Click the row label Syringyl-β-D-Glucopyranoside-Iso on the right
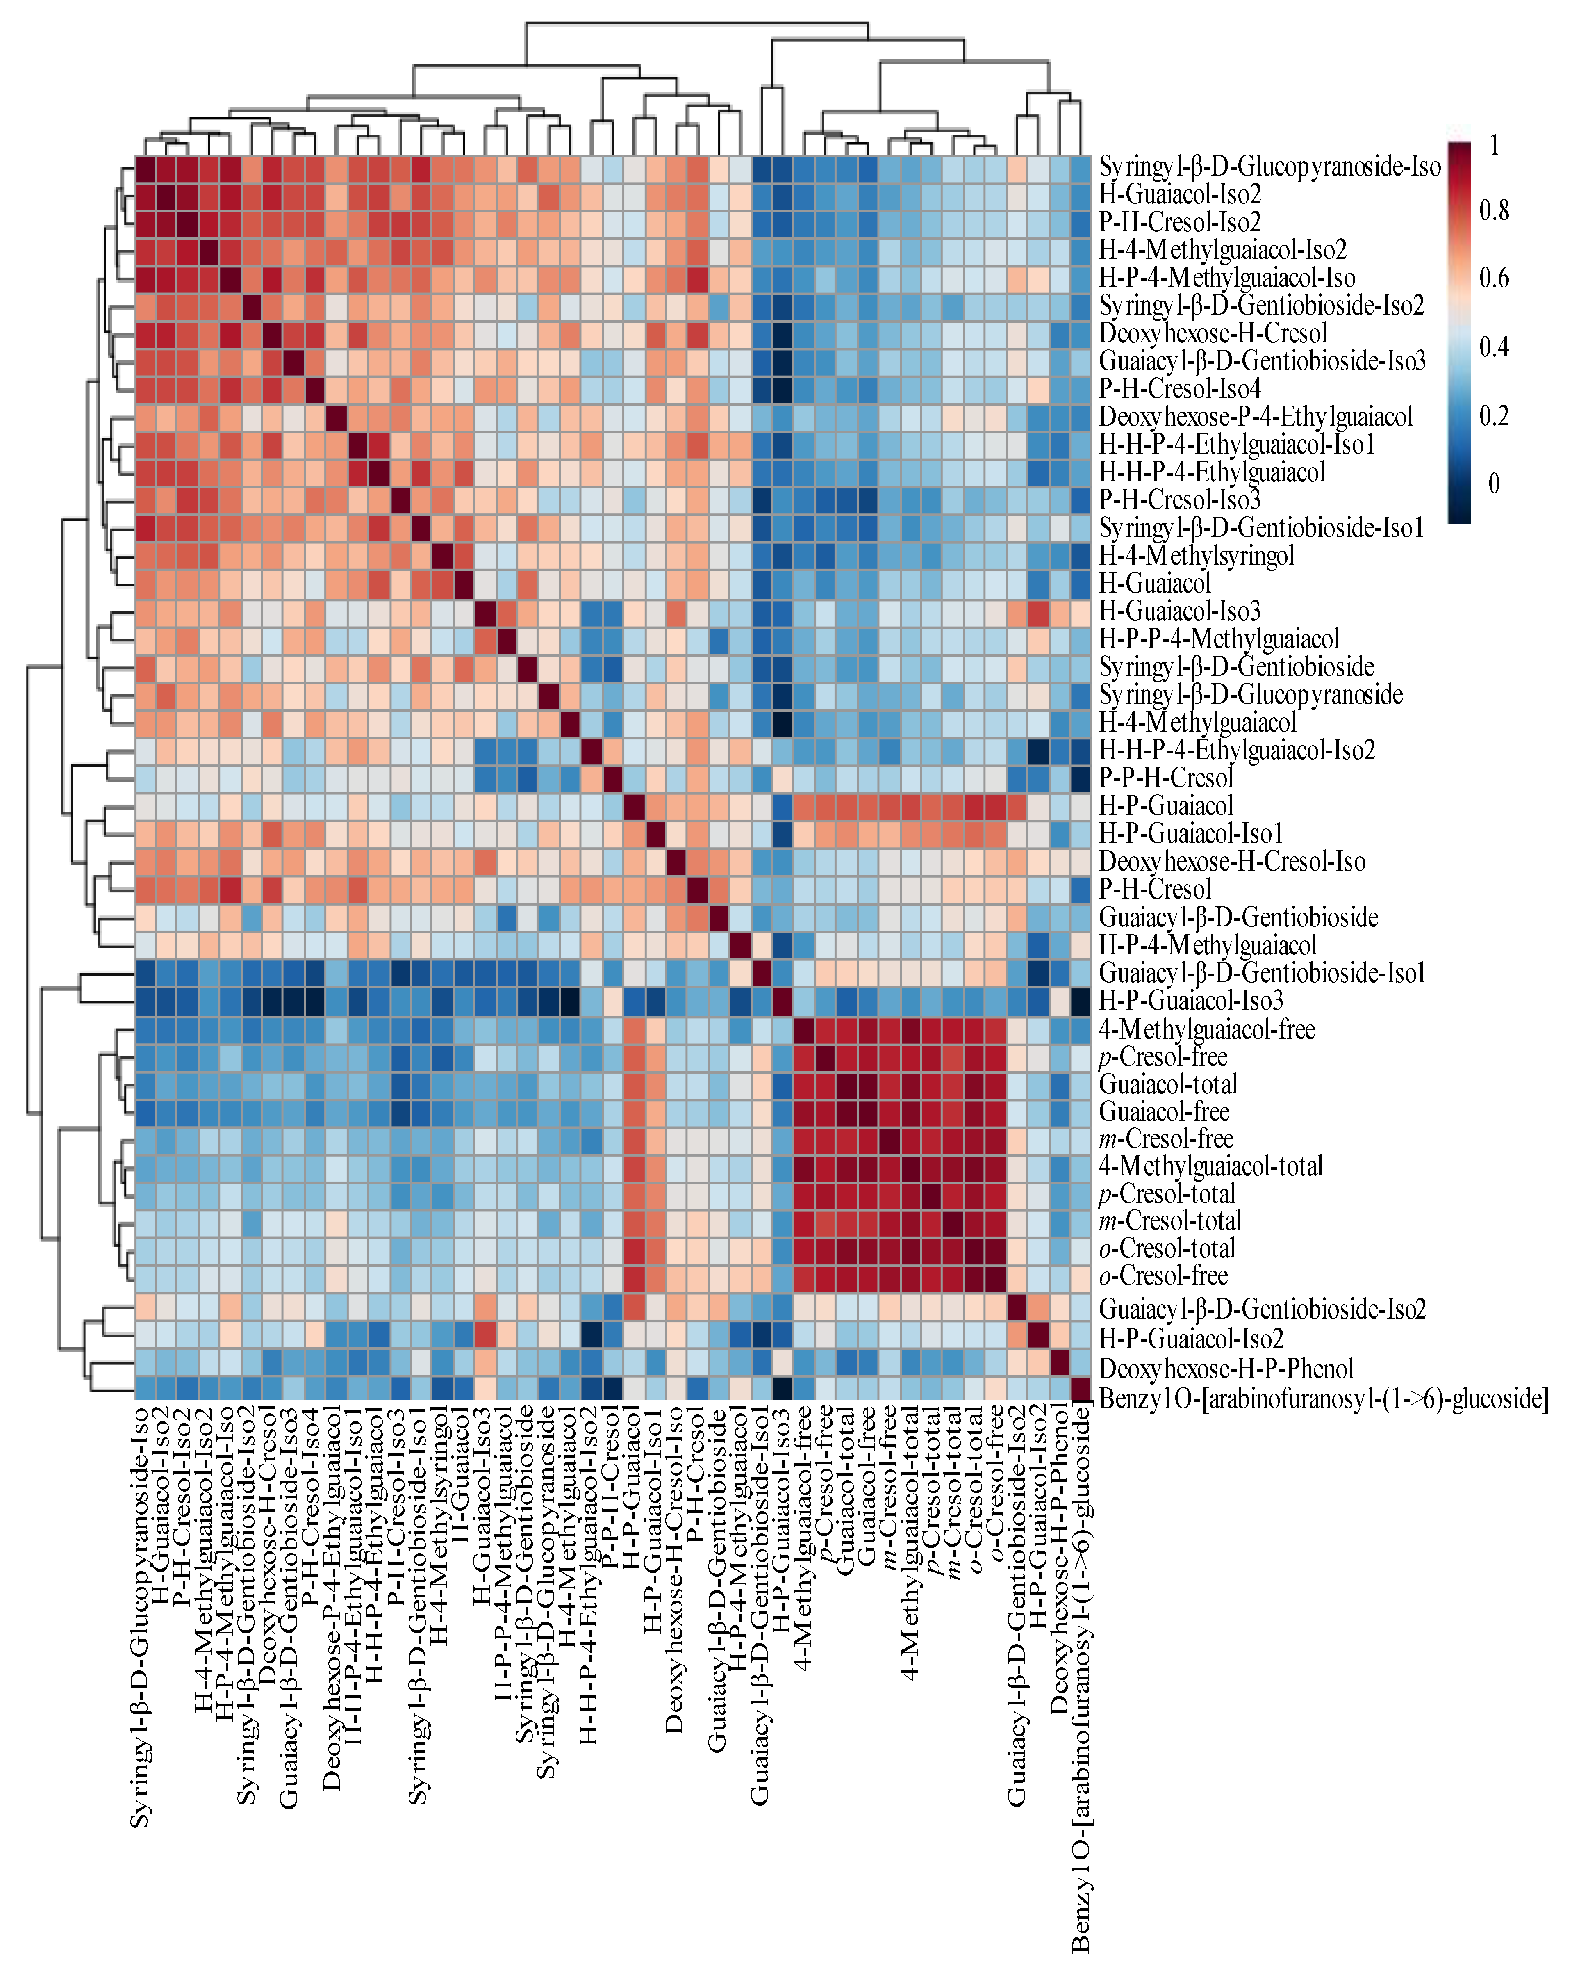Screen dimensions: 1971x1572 (1269, 167)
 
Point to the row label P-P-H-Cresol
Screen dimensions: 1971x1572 (1165, 778)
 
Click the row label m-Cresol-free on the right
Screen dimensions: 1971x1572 (1165, 1139)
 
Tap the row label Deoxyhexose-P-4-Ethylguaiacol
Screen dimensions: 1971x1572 (1255, 417)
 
